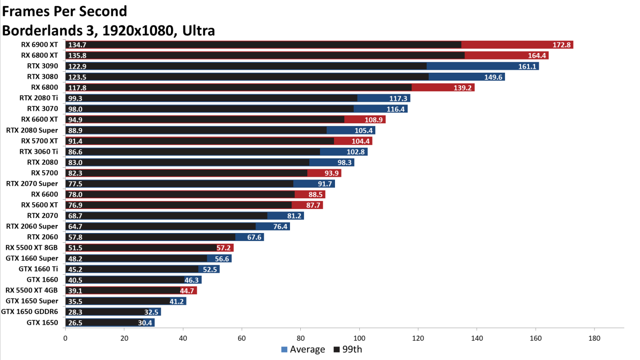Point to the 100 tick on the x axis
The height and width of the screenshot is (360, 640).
(x=359, y=338)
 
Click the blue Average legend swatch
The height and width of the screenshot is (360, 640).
(x=284, y=350)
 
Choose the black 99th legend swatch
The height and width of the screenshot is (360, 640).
(x=337, y=350)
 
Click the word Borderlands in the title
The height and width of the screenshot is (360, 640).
(x=49, y=30)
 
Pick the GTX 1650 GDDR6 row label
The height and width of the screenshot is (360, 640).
(x=30, y=312)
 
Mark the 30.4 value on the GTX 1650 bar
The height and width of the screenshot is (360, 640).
(x=145, y=322)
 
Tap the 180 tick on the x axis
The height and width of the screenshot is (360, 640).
(x=595, y=338)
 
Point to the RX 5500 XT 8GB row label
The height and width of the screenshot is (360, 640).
(x=32, y=247)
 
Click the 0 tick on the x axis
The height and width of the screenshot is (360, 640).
(x=65, y=338)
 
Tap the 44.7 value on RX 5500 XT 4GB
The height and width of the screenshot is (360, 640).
(x=188, y=291)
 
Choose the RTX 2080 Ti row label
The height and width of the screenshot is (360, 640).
(x=38, y=98)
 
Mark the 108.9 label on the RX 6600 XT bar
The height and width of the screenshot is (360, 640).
(x=374, y=120)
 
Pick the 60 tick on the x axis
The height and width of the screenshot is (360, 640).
(x=242, y=338)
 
